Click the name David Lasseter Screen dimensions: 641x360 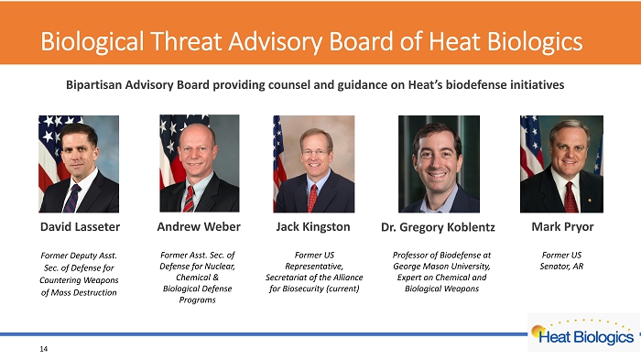81,226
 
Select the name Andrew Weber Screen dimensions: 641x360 199,226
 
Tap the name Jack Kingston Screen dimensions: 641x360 313,227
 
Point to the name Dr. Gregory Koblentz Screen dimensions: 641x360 438,227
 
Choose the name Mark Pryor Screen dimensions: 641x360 562,227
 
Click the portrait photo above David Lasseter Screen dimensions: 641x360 79,164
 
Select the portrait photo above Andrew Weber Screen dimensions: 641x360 200,163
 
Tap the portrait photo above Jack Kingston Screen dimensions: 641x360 314,164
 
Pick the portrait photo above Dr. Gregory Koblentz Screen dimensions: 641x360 439,164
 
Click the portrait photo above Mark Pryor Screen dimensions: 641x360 561,164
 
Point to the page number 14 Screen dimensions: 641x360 44,349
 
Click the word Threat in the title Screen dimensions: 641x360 187,42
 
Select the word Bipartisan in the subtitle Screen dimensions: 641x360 94,85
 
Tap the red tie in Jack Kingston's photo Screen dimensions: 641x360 312,198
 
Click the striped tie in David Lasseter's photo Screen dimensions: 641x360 71,199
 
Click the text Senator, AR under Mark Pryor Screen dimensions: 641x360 561,267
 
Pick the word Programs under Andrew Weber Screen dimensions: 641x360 198,300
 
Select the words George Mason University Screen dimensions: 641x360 441,267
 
